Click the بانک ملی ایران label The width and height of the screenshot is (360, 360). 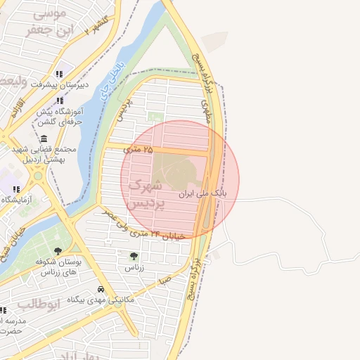[x=203, y=192]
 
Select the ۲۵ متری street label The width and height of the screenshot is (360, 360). [x=138, y=149]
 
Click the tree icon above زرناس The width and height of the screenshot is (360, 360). [x=134, y=257]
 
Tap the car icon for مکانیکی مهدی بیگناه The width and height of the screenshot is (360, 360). [x=101, y=289]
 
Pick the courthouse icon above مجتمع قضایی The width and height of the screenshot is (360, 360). [x=44, y=138]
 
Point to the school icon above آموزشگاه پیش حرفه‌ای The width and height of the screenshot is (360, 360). [x=60, y=101]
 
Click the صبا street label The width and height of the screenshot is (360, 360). [x=165, y=280]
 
